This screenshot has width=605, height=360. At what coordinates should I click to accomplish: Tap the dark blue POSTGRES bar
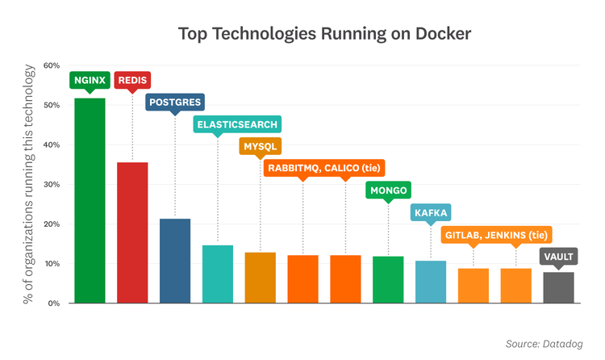tap(175, 261)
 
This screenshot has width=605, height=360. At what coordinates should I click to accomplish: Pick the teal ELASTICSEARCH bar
tap(218, 274)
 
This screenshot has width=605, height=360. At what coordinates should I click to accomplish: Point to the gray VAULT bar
tap(558, 288)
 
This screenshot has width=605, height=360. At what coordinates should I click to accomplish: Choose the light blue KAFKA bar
tap(431, 282)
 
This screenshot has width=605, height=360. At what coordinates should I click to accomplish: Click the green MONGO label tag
tap(389, 190)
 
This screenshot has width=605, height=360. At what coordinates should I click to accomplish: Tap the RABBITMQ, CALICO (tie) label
tap(324, 168)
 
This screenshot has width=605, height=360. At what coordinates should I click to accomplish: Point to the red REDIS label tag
tap(132, 80)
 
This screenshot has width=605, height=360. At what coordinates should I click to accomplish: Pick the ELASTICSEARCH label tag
tap(236, 124)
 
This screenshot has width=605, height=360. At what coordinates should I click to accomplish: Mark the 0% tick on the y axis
tap(53, 303)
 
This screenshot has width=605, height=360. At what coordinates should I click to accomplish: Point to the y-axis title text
tap(30, 184)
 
